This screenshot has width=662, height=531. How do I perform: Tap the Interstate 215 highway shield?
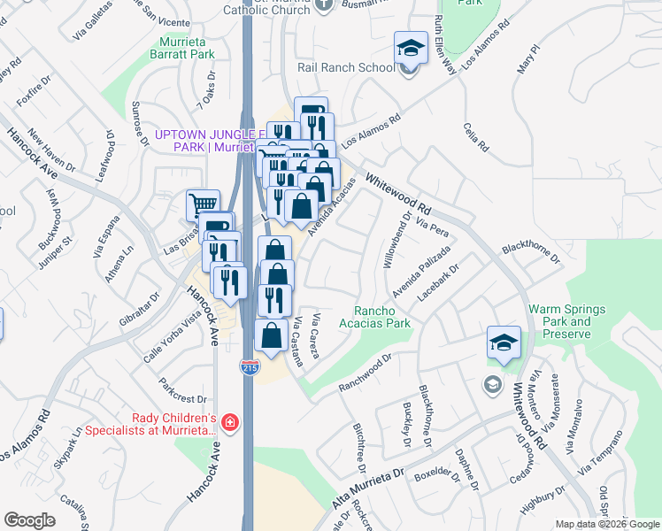pyautogui.click(x=250, y=367)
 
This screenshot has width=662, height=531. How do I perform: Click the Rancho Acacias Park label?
pyautogui.click(x=382, y=317)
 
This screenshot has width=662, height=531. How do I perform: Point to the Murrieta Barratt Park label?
pyautogui.click(x=188, y=48)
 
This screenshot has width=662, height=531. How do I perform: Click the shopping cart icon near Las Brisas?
pyautogui.click(x=203, y=204)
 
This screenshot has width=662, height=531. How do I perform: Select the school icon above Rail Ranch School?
pyautogui.click(x=411, y=48)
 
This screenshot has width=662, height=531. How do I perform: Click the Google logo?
pyautogui.click(x=30, y=520)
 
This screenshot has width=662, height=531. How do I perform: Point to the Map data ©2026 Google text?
pyautogui.click(x=606, y=524)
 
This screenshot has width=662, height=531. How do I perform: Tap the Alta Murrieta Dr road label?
pyautogui.click(x=366, y=488)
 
